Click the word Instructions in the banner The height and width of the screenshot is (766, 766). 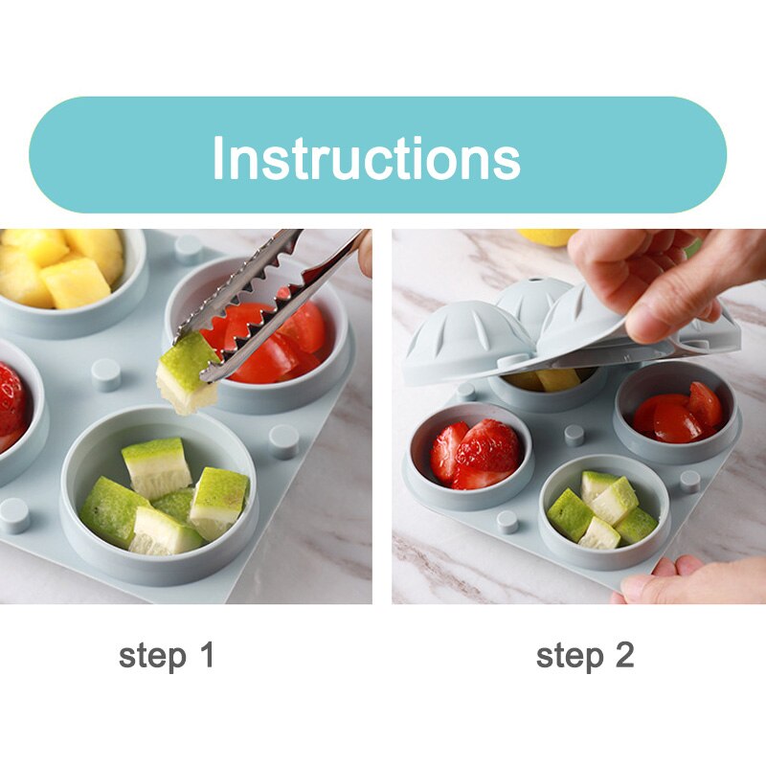[x=367, y=157]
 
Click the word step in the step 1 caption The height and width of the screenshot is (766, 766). [x=152, y=656]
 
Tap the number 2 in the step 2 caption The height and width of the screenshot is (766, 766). [x=624, y=655]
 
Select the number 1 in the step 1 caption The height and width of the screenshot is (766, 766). [x=208, y=655]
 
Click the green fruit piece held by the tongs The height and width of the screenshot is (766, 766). [x=186, y=372]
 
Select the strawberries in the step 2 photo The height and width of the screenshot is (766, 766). [x=475, y=454]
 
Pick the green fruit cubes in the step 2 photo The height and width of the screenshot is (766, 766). [x=602, y=510]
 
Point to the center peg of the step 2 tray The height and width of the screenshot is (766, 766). [x=574, y=436]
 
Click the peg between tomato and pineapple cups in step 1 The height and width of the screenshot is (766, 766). [x=189, y=250]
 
